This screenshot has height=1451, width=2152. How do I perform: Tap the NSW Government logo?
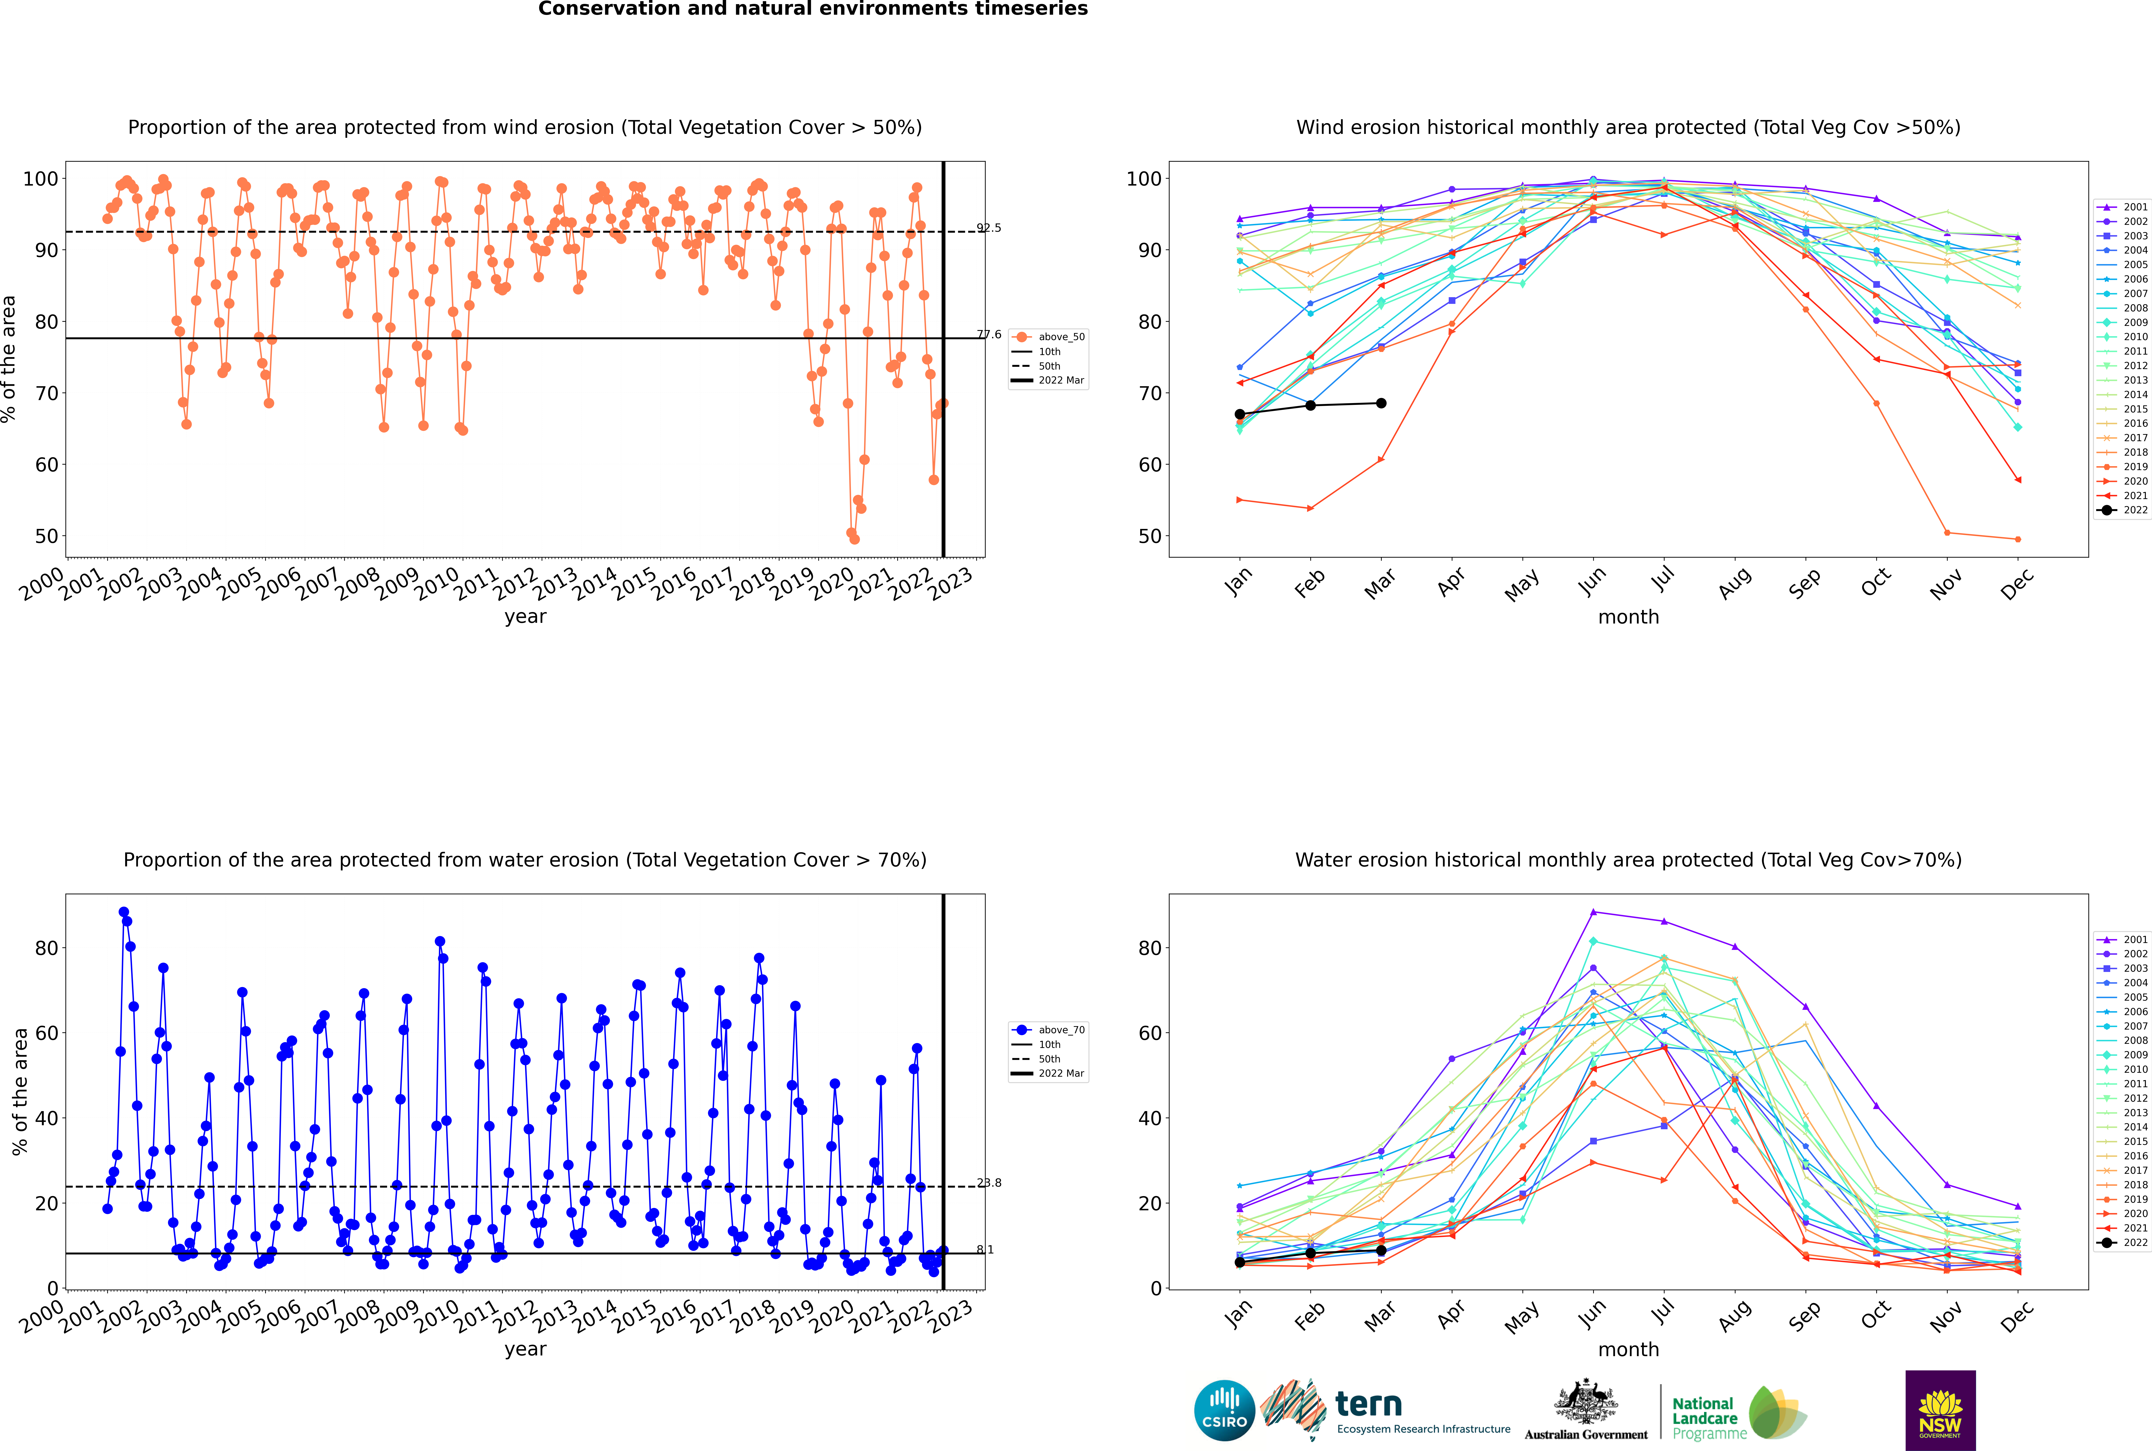click(1940, 1409)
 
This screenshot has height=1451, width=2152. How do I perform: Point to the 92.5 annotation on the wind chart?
click(989, 228)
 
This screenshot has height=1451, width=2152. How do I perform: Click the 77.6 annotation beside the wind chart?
click(989, 334)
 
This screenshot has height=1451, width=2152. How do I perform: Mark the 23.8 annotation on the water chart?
click(989, 1183)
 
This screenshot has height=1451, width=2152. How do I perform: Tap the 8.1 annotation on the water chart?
click(985, 1249)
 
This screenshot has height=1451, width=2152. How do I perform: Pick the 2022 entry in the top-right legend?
click(2123, 510)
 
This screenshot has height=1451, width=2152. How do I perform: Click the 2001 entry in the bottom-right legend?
click(2123, 939)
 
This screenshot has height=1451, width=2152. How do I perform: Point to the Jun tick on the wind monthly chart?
click(1592, 580)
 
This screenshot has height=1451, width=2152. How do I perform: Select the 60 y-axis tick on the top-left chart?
click(46, 465)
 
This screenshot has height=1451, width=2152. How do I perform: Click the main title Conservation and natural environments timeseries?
click(813, 9)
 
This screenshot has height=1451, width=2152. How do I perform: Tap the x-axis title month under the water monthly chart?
click(1628, 1349)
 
